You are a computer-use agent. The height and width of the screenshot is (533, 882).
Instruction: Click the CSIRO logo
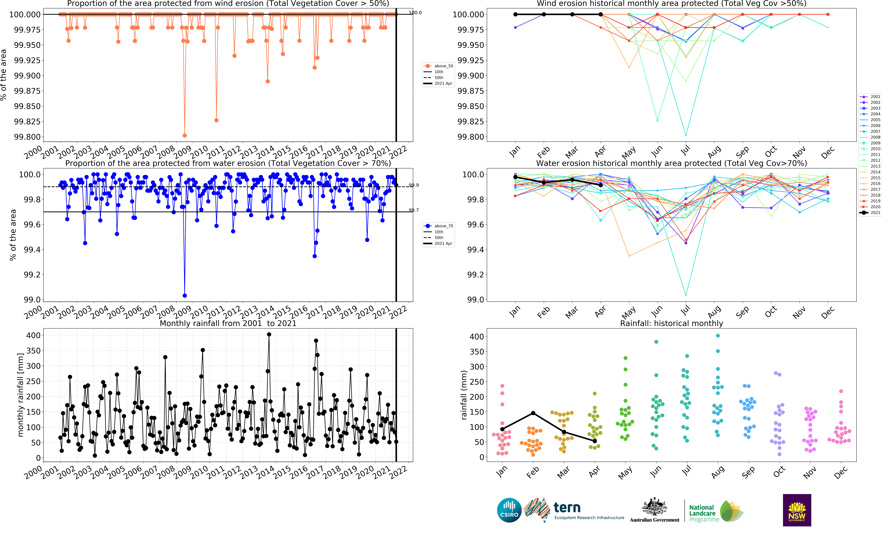(x=509, y=510)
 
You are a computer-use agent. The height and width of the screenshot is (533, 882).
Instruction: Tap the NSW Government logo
(x=797, y=510)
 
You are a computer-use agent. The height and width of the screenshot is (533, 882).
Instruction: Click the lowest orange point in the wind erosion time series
(x=185, y=135)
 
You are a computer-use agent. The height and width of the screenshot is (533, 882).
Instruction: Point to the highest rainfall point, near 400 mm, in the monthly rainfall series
(x=269, y=334)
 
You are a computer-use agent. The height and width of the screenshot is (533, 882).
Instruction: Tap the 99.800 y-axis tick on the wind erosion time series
(x=27, y=137)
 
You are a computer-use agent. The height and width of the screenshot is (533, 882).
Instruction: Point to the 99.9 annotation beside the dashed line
(x=414, y=185)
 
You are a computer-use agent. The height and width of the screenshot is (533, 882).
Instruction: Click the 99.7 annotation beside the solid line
(x=414, y=210)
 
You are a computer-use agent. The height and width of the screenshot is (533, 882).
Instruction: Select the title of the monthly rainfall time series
(x=228, y=323)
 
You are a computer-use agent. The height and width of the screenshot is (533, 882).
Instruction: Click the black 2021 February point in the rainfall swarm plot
(x=533, y=413)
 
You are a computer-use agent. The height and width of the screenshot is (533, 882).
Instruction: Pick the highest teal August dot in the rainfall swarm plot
(x=718, y=336)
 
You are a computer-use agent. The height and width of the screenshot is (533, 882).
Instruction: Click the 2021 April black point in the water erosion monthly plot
(x=601, y=185)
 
